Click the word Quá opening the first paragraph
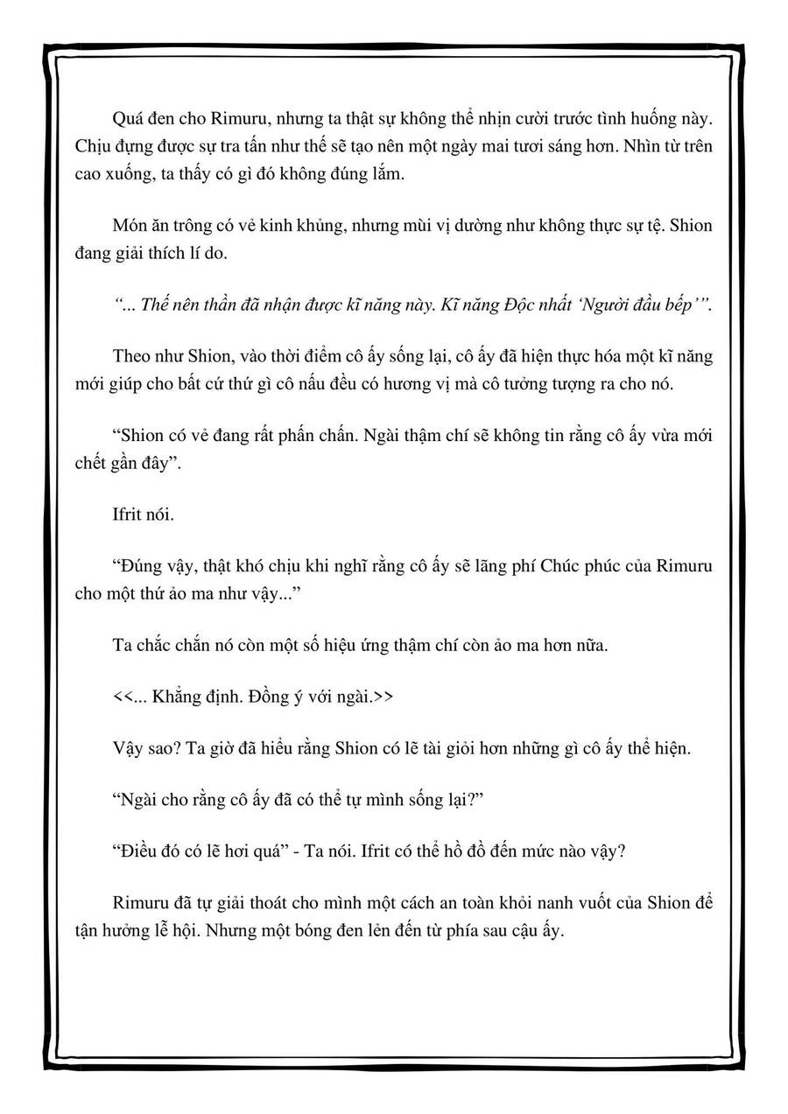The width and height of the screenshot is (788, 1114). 129,119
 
